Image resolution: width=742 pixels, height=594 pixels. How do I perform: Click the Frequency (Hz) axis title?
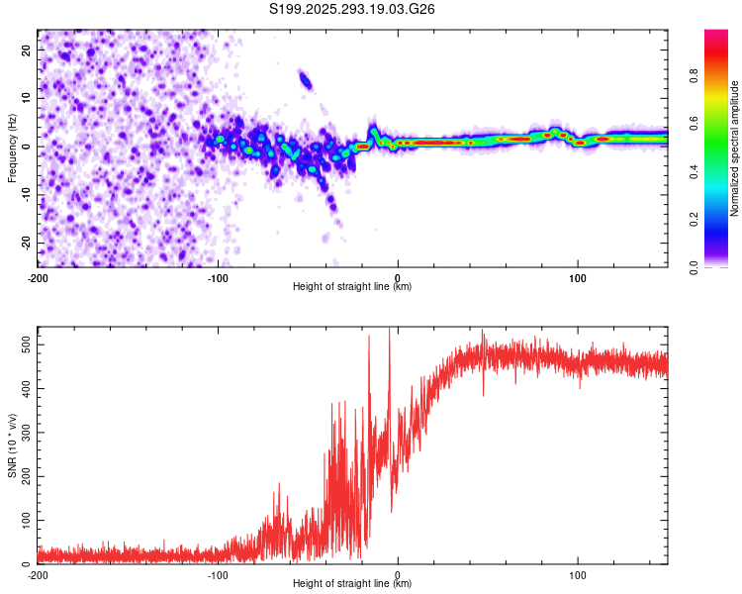(x=12, y=148)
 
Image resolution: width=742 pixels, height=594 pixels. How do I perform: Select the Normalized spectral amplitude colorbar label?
(x=735, y=148)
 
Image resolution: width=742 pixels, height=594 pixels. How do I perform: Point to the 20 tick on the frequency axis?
(x=28, y=49)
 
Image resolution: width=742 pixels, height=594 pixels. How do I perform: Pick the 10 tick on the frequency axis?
(x=28, y=98)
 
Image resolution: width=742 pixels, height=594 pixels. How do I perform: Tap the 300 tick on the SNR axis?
(x=24, y=431)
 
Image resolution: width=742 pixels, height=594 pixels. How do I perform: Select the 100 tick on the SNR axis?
(x=24, y=520)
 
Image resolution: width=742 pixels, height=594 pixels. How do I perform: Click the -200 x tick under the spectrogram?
(x=38, y=277)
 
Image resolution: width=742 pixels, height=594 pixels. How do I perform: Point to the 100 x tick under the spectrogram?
(x=578, y=277)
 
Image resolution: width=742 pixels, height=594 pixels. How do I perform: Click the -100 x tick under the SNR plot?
(x=218, y=574)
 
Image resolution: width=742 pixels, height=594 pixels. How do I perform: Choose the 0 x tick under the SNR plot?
(x=398, y=574)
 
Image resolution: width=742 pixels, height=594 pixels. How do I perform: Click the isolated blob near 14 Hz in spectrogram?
(x=306, y=81)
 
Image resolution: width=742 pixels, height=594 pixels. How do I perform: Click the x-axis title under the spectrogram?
(x=352, y=287)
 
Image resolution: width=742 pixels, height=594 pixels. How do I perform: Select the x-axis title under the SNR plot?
(x=352, y=584)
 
